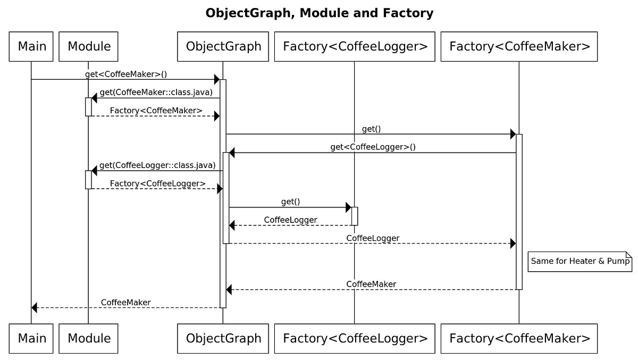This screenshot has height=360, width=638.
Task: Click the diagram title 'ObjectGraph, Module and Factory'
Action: click(x=319, y=13)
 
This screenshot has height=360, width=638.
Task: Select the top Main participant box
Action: click(x=31, y=46)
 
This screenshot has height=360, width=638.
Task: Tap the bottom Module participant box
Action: click(x=88, y=338)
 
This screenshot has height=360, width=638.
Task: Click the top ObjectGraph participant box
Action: click(x=223, y=46)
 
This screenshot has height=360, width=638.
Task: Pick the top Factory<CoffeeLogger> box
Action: click(x=355, y=46)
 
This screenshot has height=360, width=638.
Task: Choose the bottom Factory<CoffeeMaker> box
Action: click(x=519, y=338)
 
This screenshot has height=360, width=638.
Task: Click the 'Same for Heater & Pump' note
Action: click(x=580, y=261)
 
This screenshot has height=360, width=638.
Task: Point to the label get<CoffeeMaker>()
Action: click(x=126, y=74)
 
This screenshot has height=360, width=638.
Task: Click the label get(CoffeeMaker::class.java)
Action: click(x=156, y=93)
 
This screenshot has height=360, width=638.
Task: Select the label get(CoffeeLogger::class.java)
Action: click(x=157, y=165)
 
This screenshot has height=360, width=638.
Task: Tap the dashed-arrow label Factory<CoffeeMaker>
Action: click(x=156, y=111)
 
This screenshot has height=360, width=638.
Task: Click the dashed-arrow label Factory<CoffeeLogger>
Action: click(x=157, y=184)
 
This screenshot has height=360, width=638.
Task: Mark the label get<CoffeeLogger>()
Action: click(x=373, y=147)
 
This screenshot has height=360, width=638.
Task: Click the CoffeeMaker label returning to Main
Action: click(x=125, y=303)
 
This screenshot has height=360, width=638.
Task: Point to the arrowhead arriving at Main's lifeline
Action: click(x=35, y=307)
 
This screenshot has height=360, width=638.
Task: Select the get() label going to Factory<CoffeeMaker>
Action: click(x=371, y=129)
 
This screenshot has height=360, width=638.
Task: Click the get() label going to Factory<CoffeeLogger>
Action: click(x=290, y=202)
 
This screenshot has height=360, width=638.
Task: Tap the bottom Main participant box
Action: click(x=31, y=338)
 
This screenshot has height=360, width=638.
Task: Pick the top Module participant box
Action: click(x=88, y=46)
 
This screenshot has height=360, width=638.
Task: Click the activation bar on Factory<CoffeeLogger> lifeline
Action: click(x=355, y=216)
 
